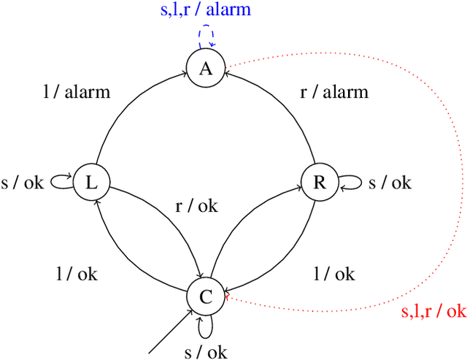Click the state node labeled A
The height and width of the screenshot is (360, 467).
coord(206,69)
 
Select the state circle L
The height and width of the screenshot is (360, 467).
coord(91,183)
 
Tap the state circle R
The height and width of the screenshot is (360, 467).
coord(319,183)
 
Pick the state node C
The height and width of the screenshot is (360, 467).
coord(206,296)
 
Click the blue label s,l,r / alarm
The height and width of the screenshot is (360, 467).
coord(206,11)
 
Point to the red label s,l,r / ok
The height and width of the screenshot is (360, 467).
coord(433,312)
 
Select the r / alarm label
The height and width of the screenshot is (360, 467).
coord(335,92)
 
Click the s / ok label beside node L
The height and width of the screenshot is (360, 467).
coord(24,183)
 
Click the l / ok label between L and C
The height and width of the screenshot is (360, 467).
coord(77,275)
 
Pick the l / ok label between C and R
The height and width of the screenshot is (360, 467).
coord(335,275)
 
